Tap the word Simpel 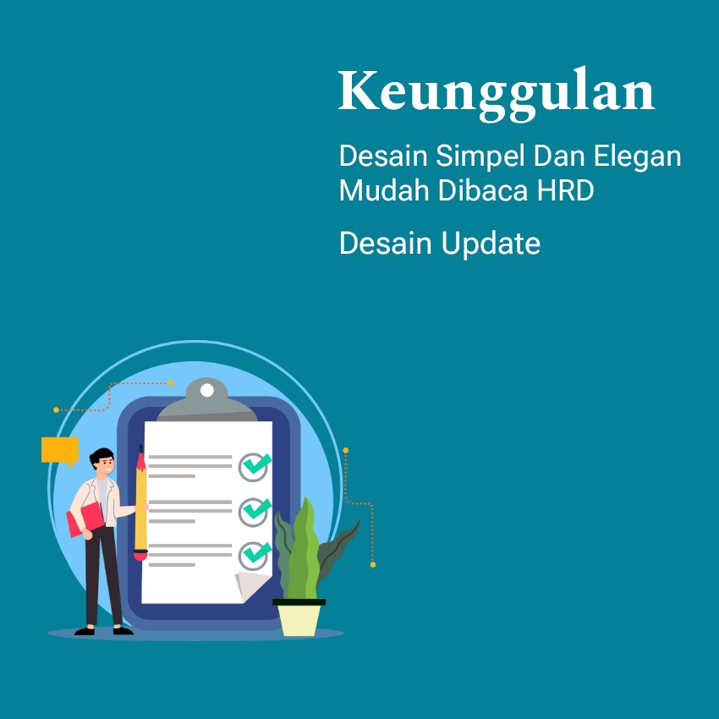tap(480, 156)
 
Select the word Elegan tap(638, 156)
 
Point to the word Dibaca tap(483, 189)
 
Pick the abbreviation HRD tap(565, 189)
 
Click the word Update tap(491, 244)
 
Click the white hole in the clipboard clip tap(206, 390)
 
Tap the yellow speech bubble tap(60, 451)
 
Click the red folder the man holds tap(85, 519)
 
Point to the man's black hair tap(102, 456)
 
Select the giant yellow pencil tap(140, 503)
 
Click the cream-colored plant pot tap(299, 617)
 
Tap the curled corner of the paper tap(251, 585)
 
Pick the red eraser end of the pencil tap(140, 555)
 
